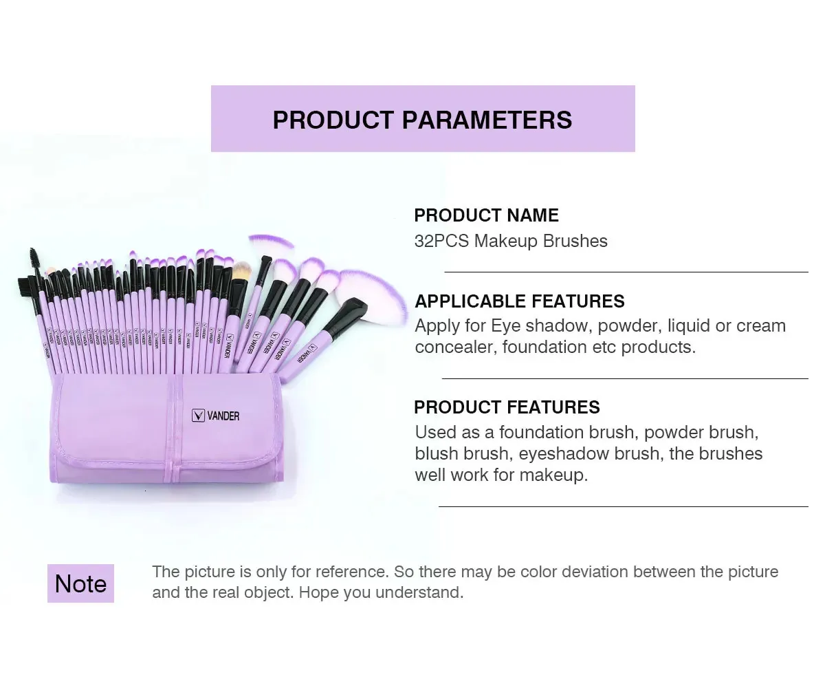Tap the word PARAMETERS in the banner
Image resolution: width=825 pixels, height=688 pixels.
click(487, 120)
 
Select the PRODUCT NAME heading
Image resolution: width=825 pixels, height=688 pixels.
click(486, 215)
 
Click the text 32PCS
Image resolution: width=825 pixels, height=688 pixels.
click(441, 241)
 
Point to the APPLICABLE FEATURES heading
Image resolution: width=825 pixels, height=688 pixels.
click(520, 301)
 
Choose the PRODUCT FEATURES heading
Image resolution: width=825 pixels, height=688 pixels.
click(507, 407)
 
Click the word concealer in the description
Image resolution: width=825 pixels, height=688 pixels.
click(456, 347)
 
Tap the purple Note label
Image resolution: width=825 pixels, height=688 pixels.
click(80, 583)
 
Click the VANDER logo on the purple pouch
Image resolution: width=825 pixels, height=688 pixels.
click(215, 416)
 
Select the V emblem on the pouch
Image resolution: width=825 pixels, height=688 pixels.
click(198, 416)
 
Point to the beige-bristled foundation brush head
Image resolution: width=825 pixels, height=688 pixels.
click(241, 270)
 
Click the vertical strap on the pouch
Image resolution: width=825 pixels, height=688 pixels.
click(173, 429)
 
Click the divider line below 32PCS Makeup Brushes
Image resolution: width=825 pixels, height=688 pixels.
click(626, 272)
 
